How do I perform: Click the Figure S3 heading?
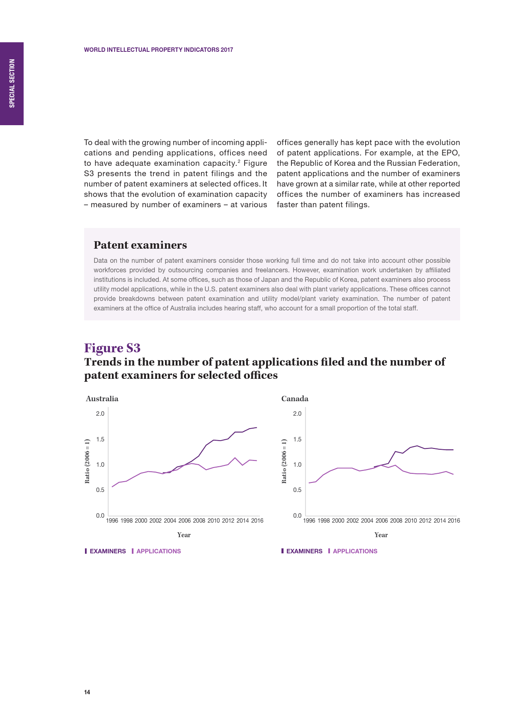pyautogui.click(x=112, y=348)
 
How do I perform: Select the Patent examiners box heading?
pyautogui.click(x=140, y=245)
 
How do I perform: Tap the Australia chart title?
pyautogui.click(x=102, y=399)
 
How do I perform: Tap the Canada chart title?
pyautogui.click(x=295, y=399)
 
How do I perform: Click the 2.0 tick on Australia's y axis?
pyautogui.click(x=100, y=414)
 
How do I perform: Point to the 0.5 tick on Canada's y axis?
pyautogui.click(x=297, y=490)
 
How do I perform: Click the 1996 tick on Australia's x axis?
pyautogui.click(x=112, y=521)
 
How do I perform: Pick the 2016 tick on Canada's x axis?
pyautogui.click(x=454, y=521)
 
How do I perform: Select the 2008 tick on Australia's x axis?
pyautogui.click(x=199, y=521)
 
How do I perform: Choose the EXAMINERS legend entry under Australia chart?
pyautogui.click(x=107, y=551)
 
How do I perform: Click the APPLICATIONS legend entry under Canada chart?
pyautogui.click(x=355, y=551)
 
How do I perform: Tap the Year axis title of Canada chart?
pyautogui.click(x=381, y=535)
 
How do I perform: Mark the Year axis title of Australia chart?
pyautogui.click(x=184, y=535)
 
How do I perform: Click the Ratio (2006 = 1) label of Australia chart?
pyautogui.click(x=87, y=461)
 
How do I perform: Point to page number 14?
pyautogui.click(x=87, y=692)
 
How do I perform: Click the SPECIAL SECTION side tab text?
pyautogui.click(x=12, y=83)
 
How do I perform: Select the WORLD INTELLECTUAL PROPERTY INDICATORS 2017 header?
pyautogui.click(x=158, y=50)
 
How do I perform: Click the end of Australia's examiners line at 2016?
pyautogui.click(x=257, y=427)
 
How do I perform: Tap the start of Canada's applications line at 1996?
pyautogui.click(x=309, y=483)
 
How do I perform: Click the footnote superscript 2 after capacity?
pyautogui.click(x=239, y=160)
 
